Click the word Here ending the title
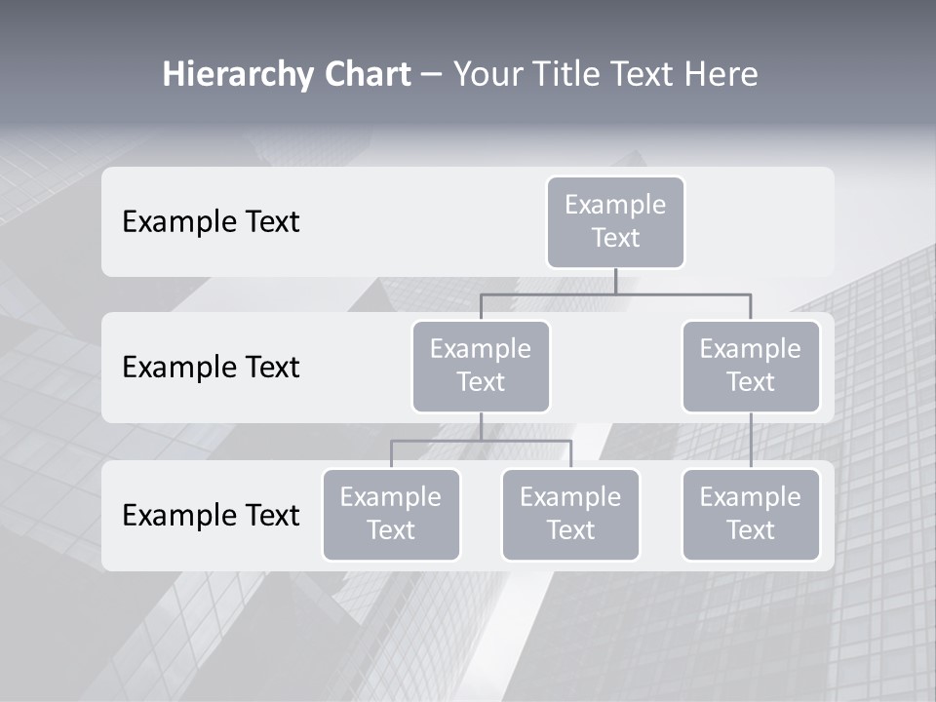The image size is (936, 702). coord(720,75)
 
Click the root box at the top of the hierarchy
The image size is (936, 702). coord(615,221)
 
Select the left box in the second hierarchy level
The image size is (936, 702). coord(481,366)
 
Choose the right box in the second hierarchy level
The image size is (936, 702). coord(751,366)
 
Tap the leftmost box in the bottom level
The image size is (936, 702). coord(391,514)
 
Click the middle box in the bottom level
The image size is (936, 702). coord(570,514)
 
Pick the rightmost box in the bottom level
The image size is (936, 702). coord(751,514)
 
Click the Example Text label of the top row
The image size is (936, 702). coord(211,222)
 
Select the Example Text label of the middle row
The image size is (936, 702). coord(211,368)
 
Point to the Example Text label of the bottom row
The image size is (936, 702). coord(211,516)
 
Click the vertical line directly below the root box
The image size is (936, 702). coord(615,281)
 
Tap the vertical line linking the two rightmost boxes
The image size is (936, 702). coord(751,441)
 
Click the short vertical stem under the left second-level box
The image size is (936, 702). coord(481,426)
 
